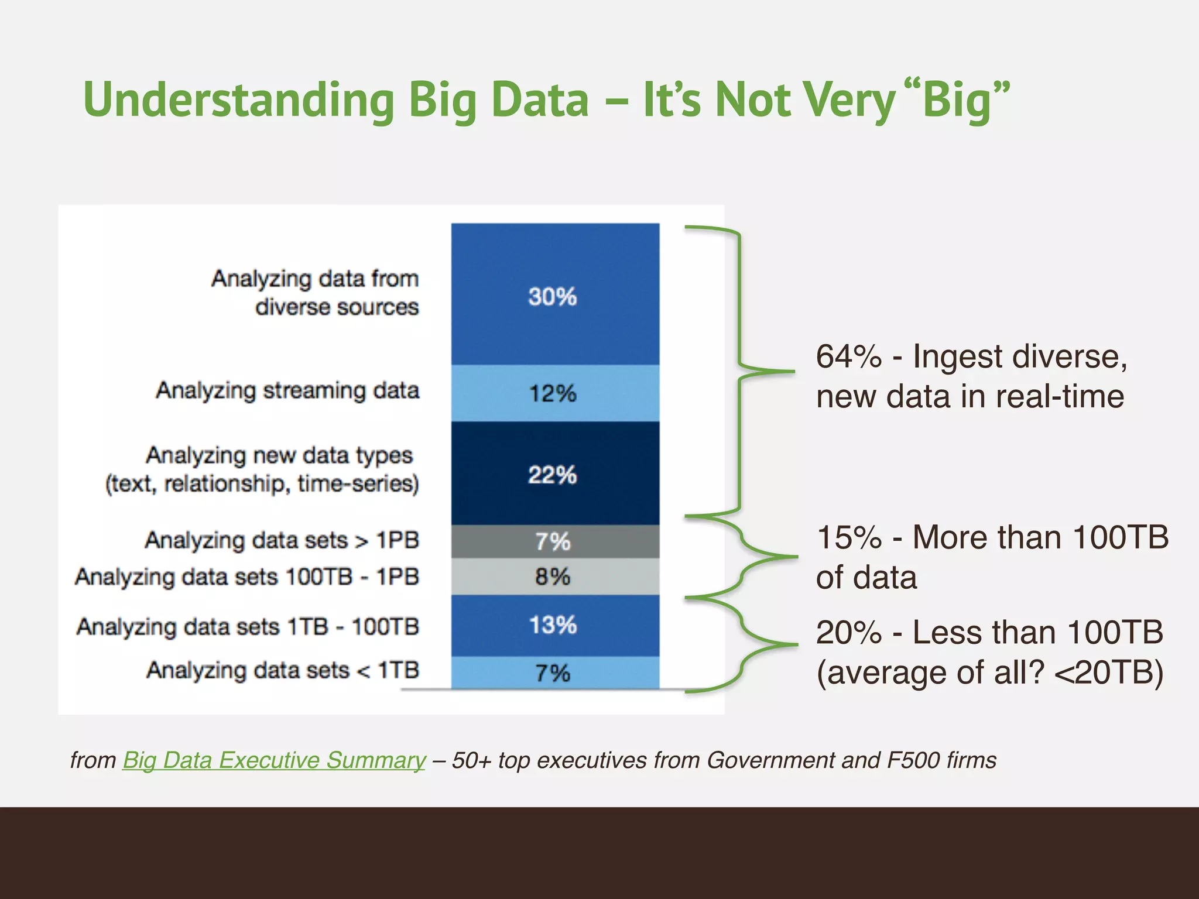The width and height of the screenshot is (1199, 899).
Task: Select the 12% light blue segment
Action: (x=555, y=393)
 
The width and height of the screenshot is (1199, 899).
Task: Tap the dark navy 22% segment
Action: (x=555, y=473)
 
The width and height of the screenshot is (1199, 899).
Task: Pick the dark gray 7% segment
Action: (x=555, y=541)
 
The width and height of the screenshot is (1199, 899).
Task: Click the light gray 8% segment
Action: (x=555, y=577)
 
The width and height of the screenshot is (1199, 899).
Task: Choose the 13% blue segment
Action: (x=555, y=625)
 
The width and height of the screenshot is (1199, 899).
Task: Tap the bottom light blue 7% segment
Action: (x=555, y=672)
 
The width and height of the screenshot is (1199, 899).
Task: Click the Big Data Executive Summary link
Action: (x=274, y=760)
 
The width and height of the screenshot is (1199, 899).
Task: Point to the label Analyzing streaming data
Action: (x=287, y=390)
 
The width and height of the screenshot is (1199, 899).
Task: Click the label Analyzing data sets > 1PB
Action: (x=282, y=540)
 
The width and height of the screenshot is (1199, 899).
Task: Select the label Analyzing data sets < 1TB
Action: (x=283, y=670)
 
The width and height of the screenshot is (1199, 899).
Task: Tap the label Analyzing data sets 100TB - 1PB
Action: (x=247, y=577)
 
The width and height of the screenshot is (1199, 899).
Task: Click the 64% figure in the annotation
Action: (x=848, y=356)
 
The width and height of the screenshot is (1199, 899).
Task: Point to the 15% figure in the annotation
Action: (x=848, y=537)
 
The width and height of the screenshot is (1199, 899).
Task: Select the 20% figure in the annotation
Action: (x=848, y=633)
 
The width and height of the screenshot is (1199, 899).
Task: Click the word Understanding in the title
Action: (x=239, y=99)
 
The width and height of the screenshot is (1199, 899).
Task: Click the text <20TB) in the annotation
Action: (x=1108, y=672)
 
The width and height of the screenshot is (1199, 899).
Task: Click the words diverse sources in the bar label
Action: (x=337, y=307)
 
